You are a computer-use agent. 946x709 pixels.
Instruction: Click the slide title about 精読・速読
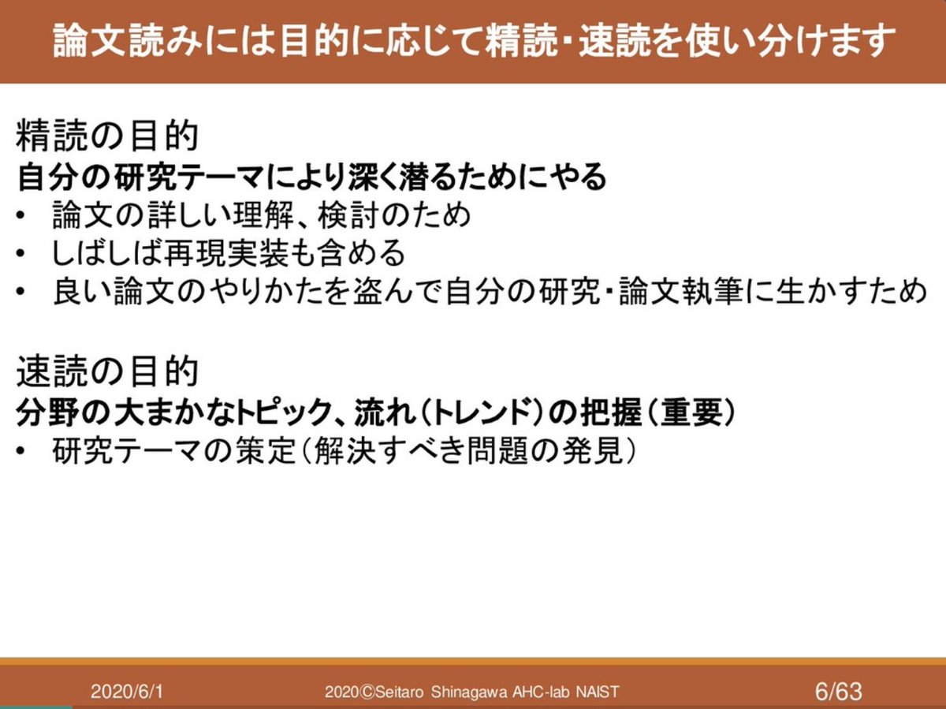473,41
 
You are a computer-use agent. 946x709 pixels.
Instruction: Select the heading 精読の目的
106,137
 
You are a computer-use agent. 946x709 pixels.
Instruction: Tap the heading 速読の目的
106,370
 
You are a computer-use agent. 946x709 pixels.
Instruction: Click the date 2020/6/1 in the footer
127,692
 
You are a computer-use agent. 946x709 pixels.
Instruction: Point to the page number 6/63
839,692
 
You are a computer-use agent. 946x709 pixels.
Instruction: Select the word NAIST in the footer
597,692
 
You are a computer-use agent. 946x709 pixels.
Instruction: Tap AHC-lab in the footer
540,692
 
